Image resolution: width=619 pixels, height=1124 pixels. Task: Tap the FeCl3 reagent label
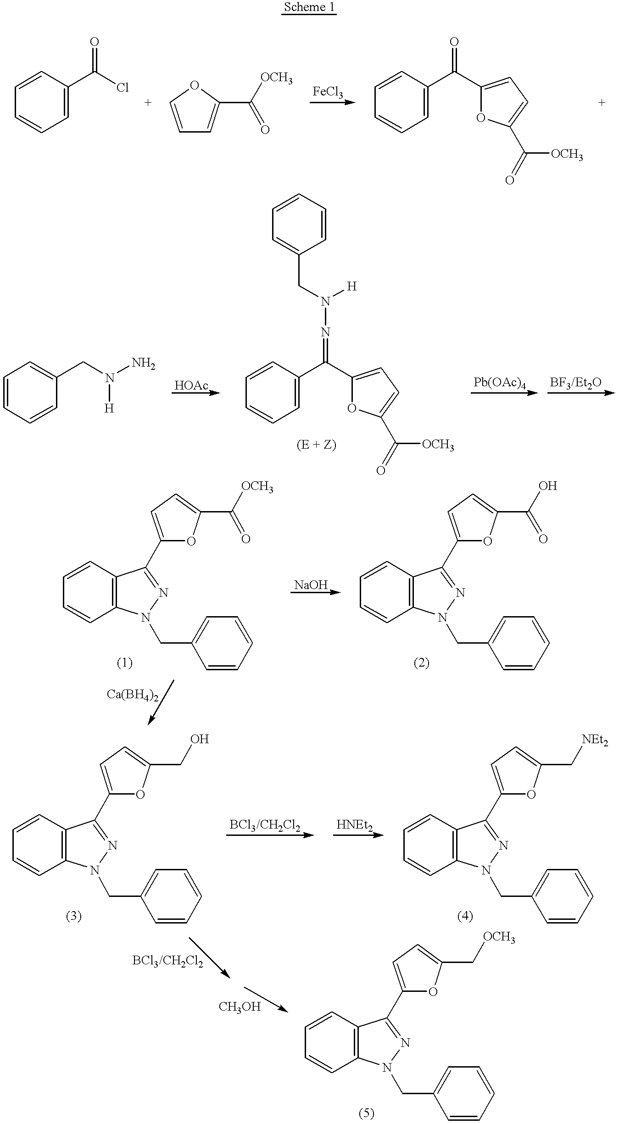point(328,92)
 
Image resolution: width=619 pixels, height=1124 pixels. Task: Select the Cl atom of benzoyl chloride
point(122,87)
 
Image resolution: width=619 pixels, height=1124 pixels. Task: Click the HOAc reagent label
point(191,385)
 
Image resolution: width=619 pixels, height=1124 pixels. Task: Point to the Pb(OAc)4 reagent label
point(500,383)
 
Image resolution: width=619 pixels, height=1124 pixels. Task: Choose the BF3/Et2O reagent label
point(575,383)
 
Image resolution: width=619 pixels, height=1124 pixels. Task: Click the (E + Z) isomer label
point(317,445)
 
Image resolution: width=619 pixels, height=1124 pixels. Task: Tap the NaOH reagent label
point(311,584)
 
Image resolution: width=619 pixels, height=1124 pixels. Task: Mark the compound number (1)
point(124,662)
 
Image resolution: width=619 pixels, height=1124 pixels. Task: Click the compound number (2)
point(421,662)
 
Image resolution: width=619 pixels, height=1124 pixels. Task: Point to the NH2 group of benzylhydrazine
point(144,364)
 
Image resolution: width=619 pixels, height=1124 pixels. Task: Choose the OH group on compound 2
point(548,486)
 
